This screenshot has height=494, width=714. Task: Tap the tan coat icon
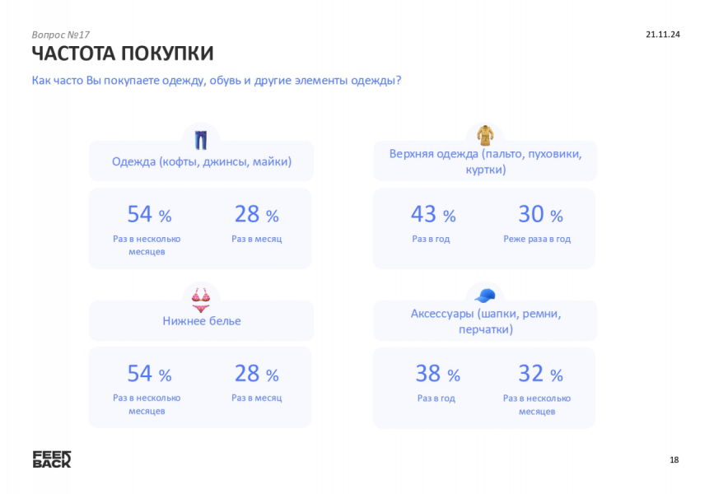coord(485,135)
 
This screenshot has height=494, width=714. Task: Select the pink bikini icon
coord(201,298)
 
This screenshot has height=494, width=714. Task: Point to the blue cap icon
coord(485,295)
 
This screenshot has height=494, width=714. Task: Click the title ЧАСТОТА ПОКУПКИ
coord(123,54)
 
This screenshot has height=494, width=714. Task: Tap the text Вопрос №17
coord(61,35)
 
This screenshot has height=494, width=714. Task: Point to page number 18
coord(674,459)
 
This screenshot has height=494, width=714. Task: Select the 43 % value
coord(433,215)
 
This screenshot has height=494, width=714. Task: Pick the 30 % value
coord(540,215)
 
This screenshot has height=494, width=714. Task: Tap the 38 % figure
coord(437,375)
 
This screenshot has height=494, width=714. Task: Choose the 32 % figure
coord(540,375)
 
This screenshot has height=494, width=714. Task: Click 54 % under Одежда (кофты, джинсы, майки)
coord(149,215)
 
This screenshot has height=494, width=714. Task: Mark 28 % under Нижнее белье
coord(256,375)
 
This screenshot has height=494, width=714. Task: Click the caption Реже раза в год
coord(537,239)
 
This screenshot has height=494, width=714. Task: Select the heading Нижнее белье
coord(202,321)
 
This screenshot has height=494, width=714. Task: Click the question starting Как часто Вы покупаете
coord(217,81)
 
